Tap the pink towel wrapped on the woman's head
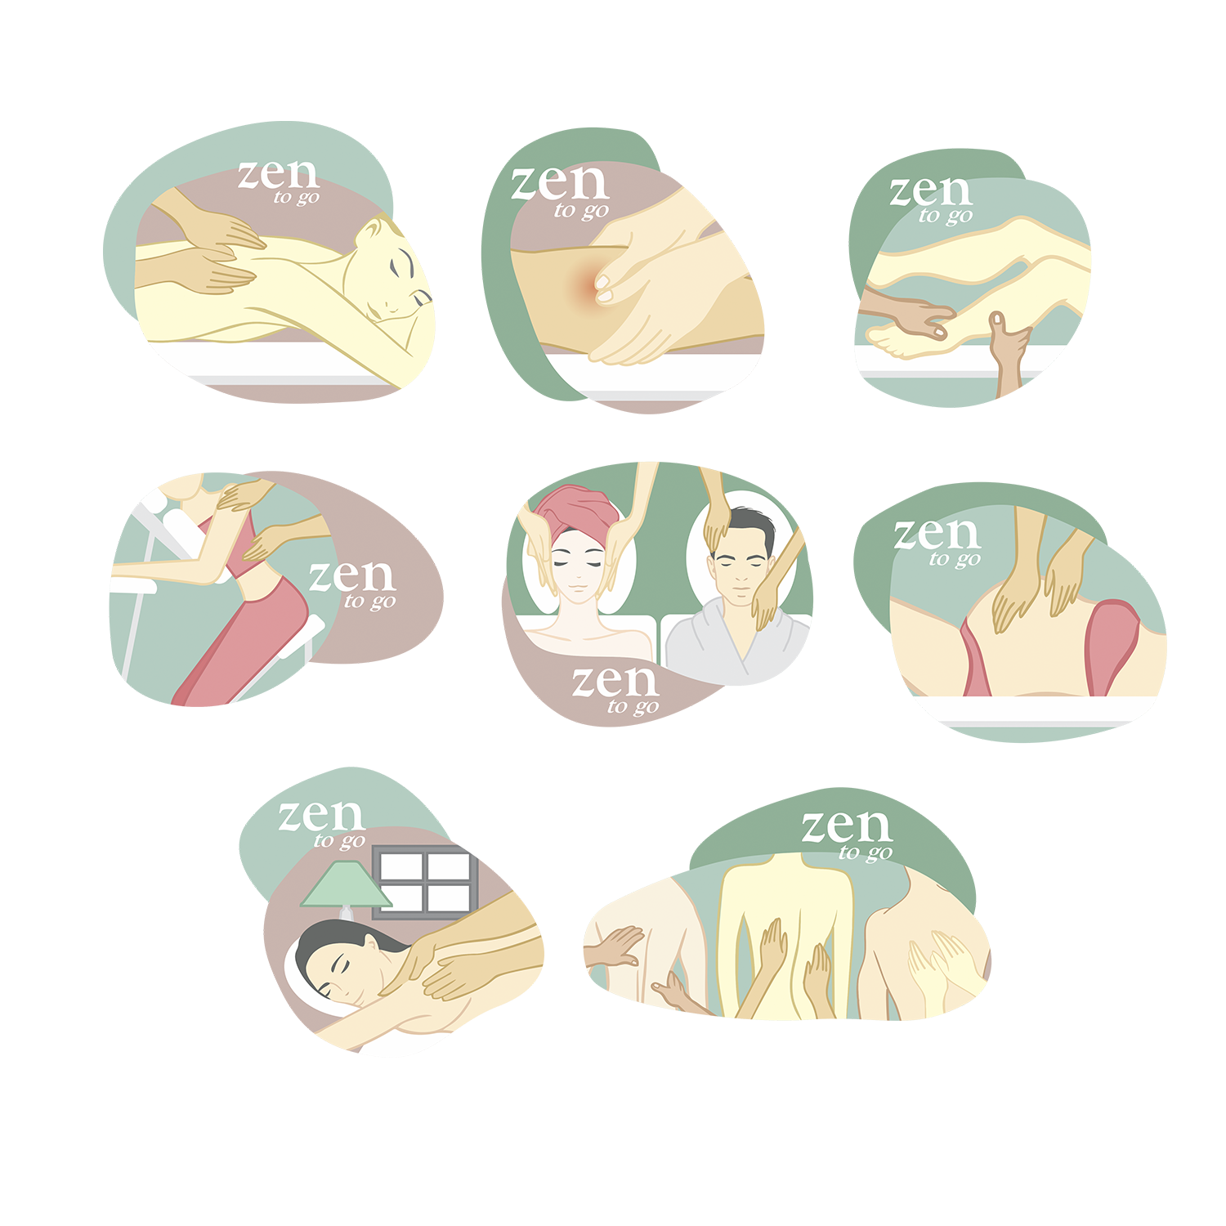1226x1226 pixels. tap(577, 511)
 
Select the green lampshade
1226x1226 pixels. tap(346, 885)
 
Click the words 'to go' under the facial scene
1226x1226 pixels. tap(633, 706)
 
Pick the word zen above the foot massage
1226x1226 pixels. tap(931, 191)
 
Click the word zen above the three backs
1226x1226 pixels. tap(846, 826)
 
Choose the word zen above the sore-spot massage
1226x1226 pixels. tap(560, 183)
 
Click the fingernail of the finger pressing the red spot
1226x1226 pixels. tap(603, 284)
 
